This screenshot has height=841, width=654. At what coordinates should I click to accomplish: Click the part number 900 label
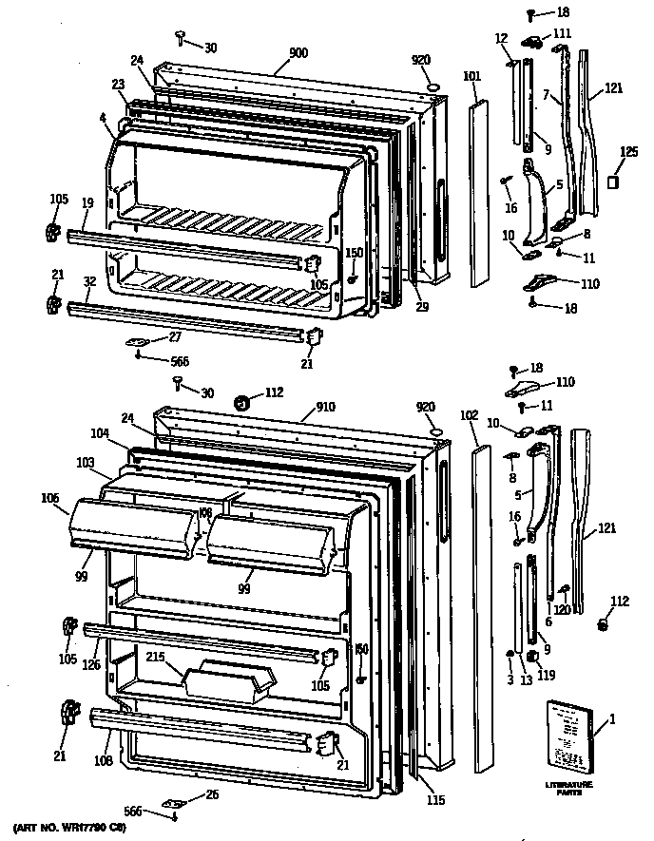pyautogui.click(x=298, y=54)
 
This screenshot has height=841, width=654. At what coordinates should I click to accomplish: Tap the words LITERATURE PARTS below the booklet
pyautogui.click(x=568, y=788)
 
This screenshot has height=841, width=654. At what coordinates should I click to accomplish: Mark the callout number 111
pyautogui.click(x=564, y=33)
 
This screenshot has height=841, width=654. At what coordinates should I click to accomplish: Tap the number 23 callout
pyautogui.click(x=118, y=84)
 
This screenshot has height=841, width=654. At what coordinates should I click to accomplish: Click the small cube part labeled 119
pyautogui.click(x=533, y=656)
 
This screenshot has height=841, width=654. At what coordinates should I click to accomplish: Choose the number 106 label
pyautogui.click(x=49, y=497)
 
